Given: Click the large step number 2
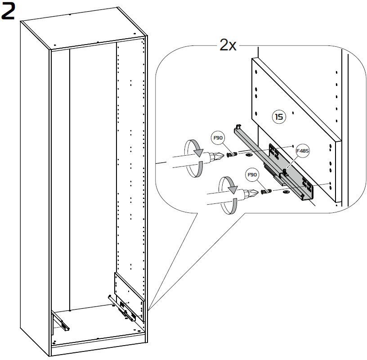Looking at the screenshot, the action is click(8, 12).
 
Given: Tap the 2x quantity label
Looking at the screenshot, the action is click(228, 45).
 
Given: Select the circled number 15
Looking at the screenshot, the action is click(279, 117).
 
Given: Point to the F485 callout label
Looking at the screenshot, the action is click(303, 151).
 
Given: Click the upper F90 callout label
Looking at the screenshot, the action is click(218, 138).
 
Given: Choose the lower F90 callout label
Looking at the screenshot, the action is click(252, 175).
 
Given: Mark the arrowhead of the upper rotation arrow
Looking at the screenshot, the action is click(199, 153).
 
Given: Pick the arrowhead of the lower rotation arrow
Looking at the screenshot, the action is click(233, 189).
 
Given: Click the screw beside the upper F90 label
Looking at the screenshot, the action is click(232, 154).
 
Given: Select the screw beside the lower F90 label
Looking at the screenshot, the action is click(266, 191).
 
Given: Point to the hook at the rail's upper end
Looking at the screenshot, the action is click(238, 126).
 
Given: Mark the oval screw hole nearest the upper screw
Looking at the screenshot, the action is click(248, 155).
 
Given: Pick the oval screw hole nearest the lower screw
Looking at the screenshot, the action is click(286, 192).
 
